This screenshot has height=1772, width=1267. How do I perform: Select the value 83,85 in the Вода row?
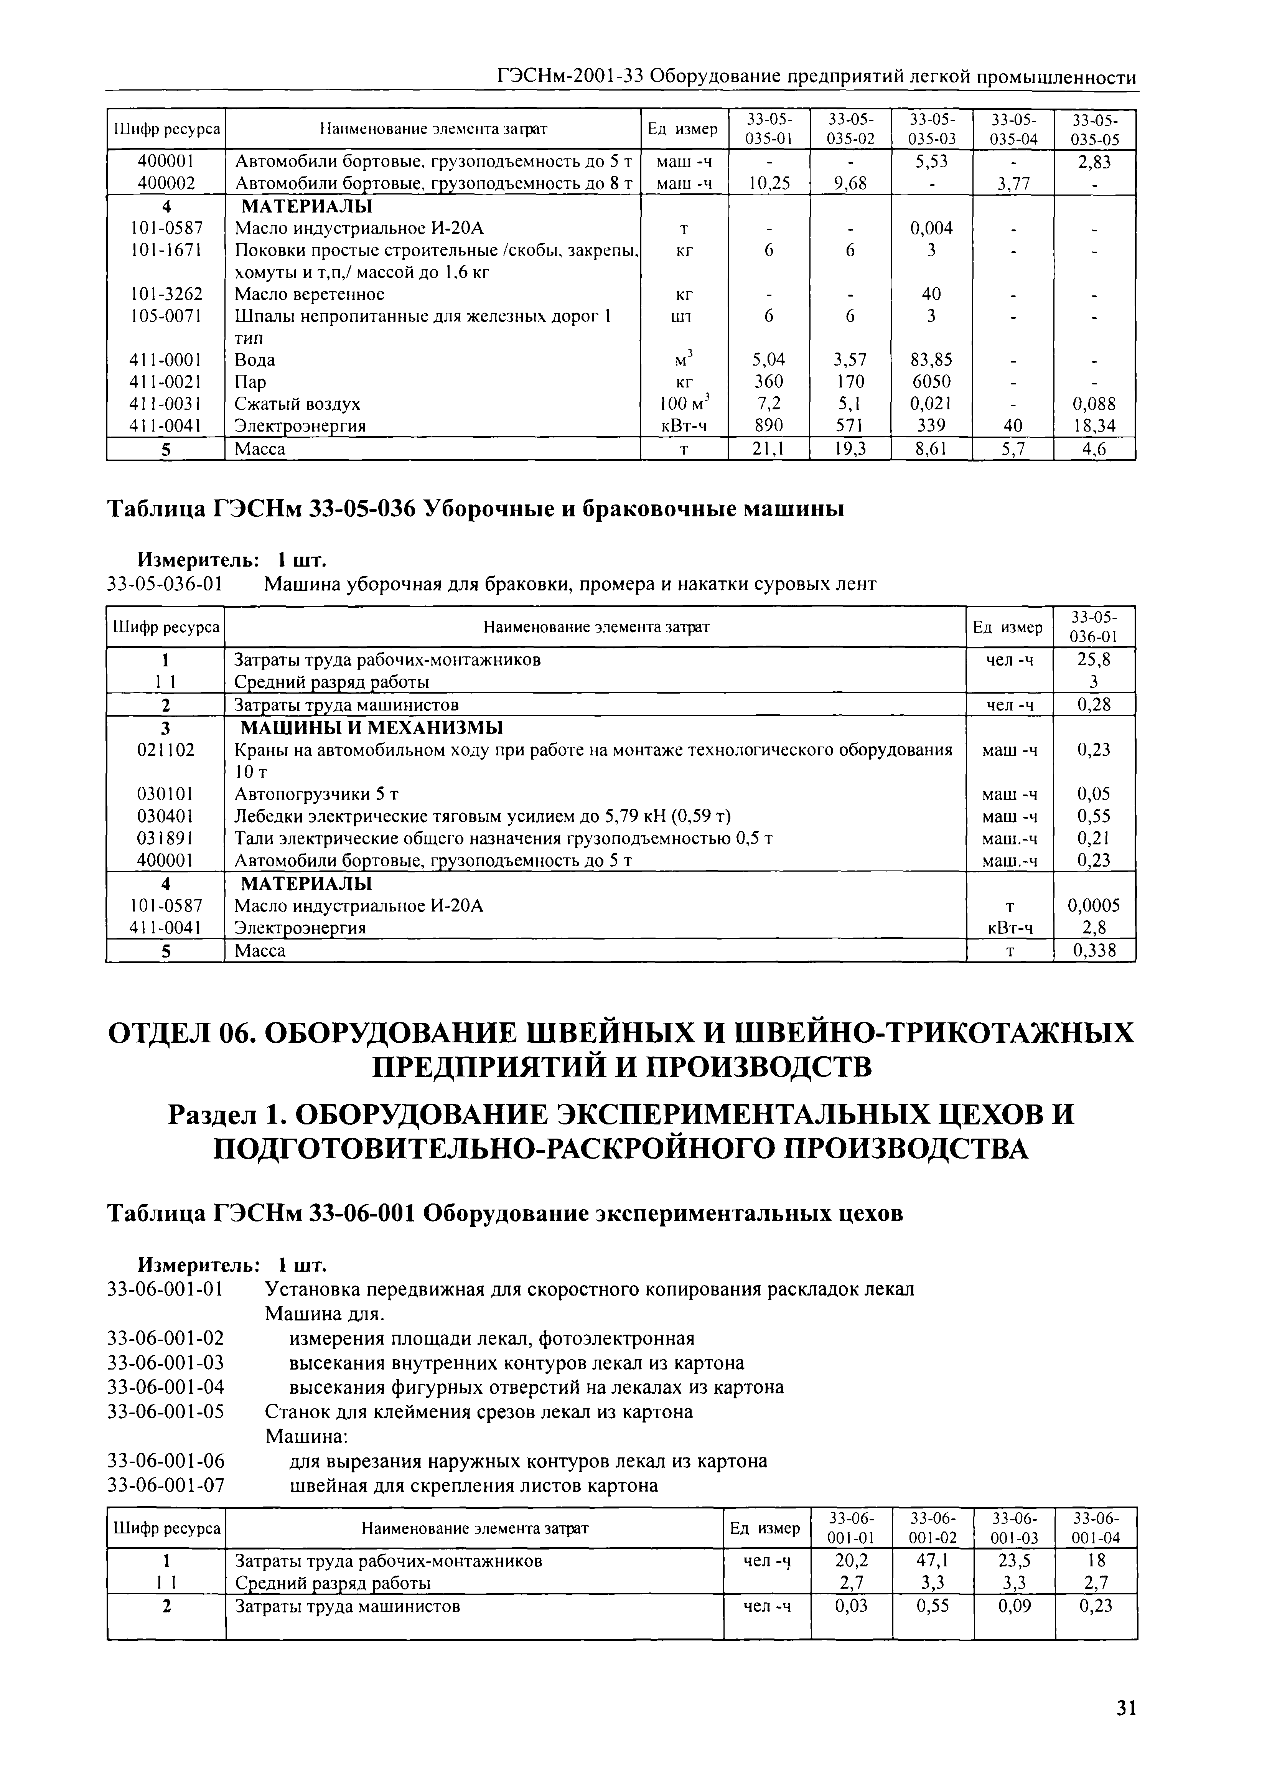(931, 360)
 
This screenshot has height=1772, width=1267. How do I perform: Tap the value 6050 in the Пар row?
(931, 382)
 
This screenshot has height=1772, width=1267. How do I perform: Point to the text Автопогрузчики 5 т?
(317, 795)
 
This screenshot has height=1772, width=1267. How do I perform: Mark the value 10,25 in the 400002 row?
(768, 183)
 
